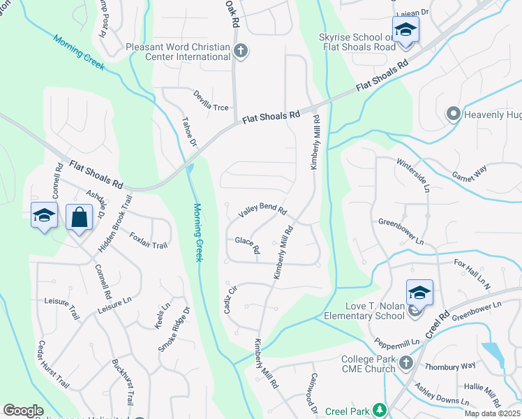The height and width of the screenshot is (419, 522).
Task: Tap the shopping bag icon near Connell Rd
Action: click(x=79, y=216)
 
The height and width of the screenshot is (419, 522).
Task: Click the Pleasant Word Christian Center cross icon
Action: click(x=241, y=50)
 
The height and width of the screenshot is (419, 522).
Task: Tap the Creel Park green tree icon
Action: click(x=379, y=411)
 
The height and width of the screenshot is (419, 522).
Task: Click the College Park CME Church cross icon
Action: click(x=407, y=363)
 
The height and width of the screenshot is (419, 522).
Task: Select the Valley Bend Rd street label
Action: click(x=262, y=209)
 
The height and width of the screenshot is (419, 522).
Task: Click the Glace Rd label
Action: click(x=248, y=245)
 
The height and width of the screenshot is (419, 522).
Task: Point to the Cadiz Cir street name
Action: click(x=230, y=298)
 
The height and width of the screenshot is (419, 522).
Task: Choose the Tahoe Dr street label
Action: click(x=189, y=132)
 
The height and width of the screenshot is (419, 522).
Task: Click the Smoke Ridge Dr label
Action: click(x=174, y=328)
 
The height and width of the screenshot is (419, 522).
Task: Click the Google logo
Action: click(x=23, y=411)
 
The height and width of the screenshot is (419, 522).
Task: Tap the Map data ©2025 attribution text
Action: click(x=492, y=413)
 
